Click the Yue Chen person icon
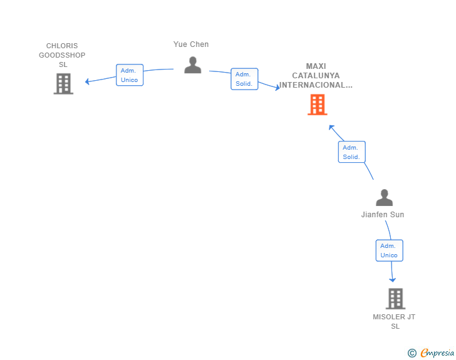coord(193,65)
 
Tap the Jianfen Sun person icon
coord(384,197)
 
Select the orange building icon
coord(318,105)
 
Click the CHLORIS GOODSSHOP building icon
coord(63,84)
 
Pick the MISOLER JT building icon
coord(395,299)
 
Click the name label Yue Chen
coord(191,44)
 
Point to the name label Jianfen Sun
coord(383,215)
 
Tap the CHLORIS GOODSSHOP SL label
coord(62,55)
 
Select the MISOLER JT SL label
coord(394,321)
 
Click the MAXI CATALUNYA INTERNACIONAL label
coord(316,76)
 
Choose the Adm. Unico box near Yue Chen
coord(130,75)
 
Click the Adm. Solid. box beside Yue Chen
coord(244,79)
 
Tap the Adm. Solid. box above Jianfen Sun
coord(351,152)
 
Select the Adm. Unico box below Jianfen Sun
coord(389,250)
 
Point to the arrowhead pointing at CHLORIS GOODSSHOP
coord(87,81)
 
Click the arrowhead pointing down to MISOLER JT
coord(393,280)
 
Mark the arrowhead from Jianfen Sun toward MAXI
coord(331,127)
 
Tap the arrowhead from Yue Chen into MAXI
coord(277,87)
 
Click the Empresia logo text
coord(437,353)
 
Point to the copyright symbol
coord(412,353)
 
